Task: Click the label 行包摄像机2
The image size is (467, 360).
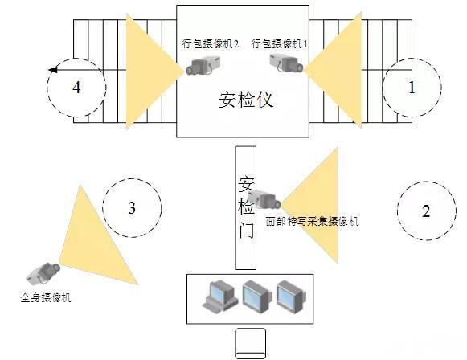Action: tap(211, 44)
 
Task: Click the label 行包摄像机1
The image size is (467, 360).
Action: tap(280, 43)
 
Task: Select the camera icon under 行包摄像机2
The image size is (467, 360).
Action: tap(203, 66)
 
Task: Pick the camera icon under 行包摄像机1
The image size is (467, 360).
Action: tap(286, 63)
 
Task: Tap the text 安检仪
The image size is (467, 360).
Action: tap(246, 99)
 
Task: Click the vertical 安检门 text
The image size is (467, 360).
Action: tap(246, 207)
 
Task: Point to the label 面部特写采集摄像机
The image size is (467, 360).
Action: tap(312, 222)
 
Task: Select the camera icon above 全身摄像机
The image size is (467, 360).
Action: tap(43, 273)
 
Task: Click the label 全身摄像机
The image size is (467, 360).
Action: tap(46, 297)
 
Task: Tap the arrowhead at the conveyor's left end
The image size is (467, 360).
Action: tap(53, 70)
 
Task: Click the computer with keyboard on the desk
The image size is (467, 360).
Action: tap(220, 296)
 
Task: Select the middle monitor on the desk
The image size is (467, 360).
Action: tap(257, 297)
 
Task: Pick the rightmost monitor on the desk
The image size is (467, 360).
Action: tap(291, 297)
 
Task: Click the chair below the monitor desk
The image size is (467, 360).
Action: tap(250, 344)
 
